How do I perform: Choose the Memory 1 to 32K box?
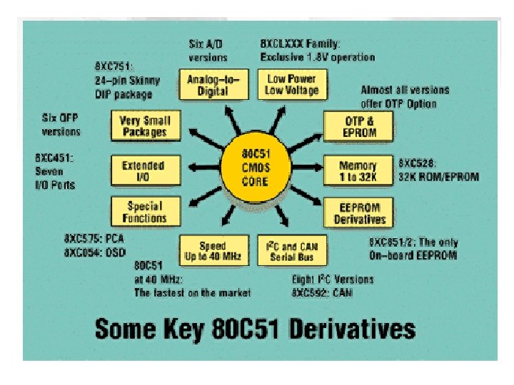pos(358,170)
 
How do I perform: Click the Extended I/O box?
pos(143,170)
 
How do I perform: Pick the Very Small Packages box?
pos(143,126)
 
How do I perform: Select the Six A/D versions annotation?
pos(208,50)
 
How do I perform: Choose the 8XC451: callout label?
pos(54,159)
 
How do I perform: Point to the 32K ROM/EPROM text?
pos(438,176)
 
